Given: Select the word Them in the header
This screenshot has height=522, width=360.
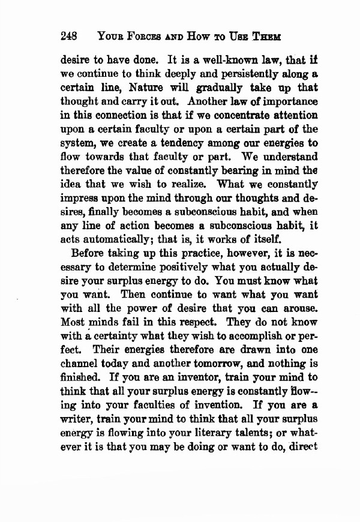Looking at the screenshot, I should tap(282, 35).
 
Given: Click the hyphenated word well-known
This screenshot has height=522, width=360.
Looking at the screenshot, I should tap(194, 61).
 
